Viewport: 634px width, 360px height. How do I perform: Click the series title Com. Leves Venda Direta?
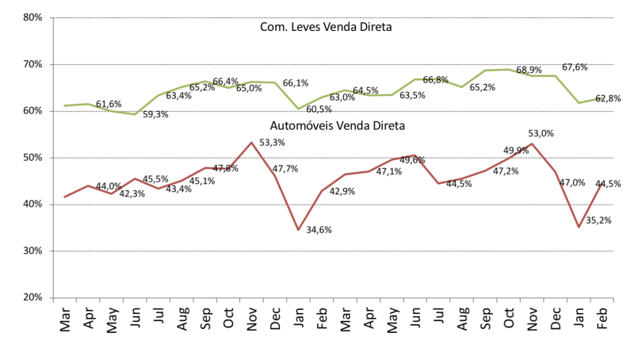[327, 28]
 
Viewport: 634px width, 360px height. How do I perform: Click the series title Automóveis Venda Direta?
[327, 124]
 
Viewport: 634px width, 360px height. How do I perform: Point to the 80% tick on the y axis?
[31, 17]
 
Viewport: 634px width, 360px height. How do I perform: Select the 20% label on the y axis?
[31, 297]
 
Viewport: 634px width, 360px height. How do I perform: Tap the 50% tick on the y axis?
[31, 158]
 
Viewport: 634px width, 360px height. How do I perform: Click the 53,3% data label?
[272, 143]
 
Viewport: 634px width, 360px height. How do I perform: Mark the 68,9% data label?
[529, 70]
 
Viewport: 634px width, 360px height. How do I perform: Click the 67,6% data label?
[575, 67]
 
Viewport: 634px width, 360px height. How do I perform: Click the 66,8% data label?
[434, 79]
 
